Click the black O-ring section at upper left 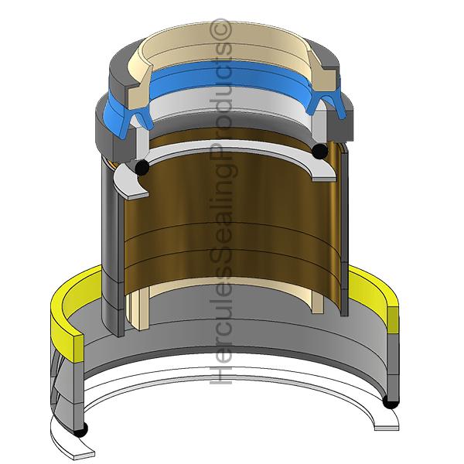point(141,167)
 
